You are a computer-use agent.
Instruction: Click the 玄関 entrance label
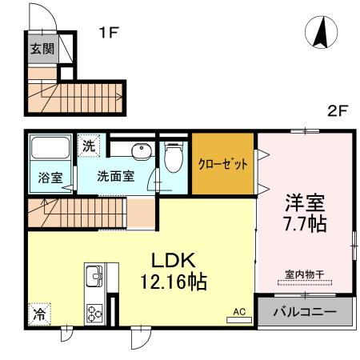coord(42,48)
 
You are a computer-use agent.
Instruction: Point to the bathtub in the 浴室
coord(50,150)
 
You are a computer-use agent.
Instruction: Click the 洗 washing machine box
coord(89,146)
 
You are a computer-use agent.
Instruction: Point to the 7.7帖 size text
coord(305,224)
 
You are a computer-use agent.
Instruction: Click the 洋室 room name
coord(305,201)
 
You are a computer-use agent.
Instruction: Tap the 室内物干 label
coord(304,274)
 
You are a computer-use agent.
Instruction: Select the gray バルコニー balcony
coord(304,311)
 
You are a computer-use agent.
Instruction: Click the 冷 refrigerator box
coord(38,314)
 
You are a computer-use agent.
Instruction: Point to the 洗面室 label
coord(115,176)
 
